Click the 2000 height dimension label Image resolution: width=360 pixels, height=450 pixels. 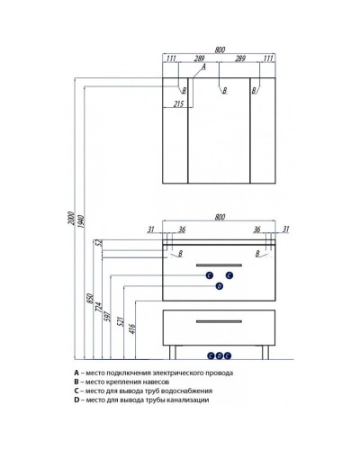tap(71, 219)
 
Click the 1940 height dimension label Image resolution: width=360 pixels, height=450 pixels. tap(81, 220)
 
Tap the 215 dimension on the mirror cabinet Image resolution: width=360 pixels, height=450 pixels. tap(178, 103)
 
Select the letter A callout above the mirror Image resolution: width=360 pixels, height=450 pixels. tap(203, 67)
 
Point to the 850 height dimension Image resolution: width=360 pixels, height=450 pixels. tap(90, 299)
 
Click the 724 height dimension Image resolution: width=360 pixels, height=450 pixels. tap(99, 307)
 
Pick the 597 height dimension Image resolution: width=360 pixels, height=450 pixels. tap(107, 317)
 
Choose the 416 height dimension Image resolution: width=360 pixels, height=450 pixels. tap(132, 328)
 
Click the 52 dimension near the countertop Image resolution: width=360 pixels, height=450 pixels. tap(100, 243)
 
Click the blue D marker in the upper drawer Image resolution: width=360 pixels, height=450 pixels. tap(220, 286)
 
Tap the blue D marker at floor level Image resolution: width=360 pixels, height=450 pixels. tap(220, 355)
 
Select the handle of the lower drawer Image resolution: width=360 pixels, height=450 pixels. tap(219, 321)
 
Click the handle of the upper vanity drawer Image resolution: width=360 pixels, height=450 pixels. tap(219, 265)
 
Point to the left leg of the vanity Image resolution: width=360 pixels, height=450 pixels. tap(173, 352)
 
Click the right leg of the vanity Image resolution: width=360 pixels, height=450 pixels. tap(265, 352)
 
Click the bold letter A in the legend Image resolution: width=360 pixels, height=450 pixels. tap(76, 373)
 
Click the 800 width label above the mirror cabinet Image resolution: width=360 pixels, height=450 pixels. tap(220, 49)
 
